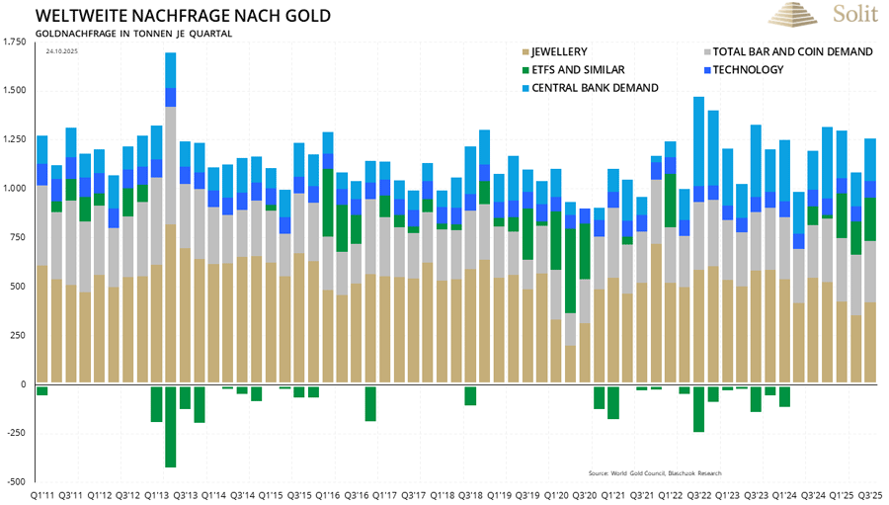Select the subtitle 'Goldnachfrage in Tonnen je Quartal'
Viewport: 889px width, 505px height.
(133, 34)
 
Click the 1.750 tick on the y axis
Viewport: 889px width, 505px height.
(16, 42)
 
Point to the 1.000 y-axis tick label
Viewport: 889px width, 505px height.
(16, 189)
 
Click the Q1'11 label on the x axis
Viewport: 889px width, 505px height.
(42, 494)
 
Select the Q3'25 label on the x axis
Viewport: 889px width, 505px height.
(870, 494)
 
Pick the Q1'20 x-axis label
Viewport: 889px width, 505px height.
(556, 494)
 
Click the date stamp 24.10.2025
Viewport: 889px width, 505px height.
(61, 51)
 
